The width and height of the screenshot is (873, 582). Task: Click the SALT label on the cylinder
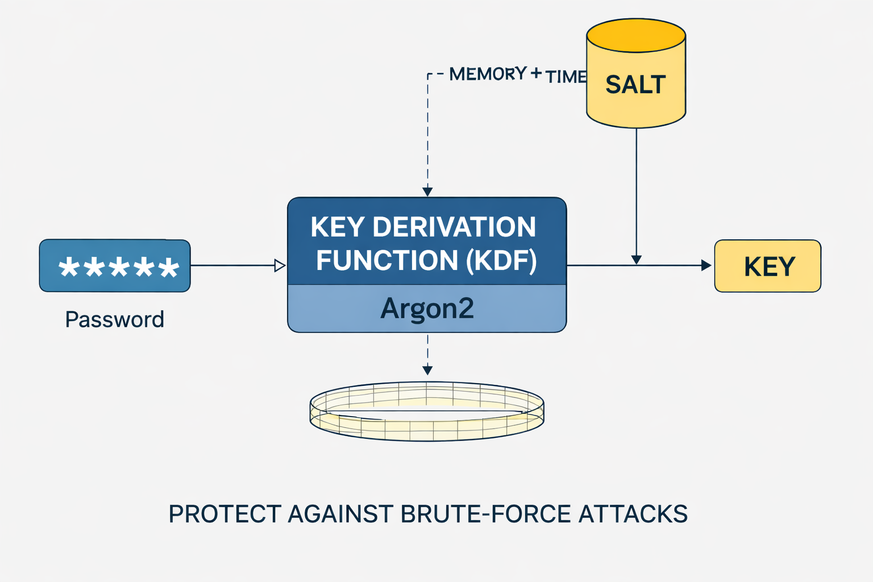(x=635, y=85)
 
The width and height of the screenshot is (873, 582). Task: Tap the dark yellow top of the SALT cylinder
(x=635, y=36)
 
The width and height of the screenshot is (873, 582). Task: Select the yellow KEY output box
(x=767, y=266)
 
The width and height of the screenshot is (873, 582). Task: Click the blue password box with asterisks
(x=115, y=266)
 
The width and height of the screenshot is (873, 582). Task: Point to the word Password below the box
(x=114, y=319)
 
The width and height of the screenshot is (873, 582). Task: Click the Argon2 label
(x=427, y=309)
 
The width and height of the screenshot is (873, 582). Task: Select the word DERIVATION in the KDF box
(x=454, y=227)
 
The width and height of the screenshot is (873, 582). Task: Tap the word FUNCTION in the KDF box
(x=386, y=261)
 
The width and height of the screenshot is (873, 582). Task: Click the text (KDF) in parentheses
(x=501, y=261)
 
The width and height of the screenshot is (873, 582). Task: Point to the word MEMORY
(x=488, y=74)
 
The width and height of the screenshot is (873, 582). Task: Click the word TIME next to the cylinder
(x=566, y=77)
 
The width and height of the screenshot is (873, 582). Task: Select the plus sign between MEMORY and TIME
(x=535, y=73)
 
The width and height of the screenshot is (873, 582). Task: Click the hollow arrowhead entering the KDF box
(x=280, y=265)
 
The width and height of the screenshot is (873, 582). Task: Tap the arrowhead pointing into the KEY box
(x=706, y=265)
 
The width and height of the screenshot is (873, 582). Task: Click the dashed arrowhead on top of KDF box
(x=427, y=192)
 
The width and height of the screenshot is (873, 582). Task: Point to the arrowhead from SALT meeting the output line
(x=636, y=260)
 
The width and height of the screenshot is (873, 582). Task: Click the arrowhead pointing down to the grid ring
(x=427, y=371)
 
